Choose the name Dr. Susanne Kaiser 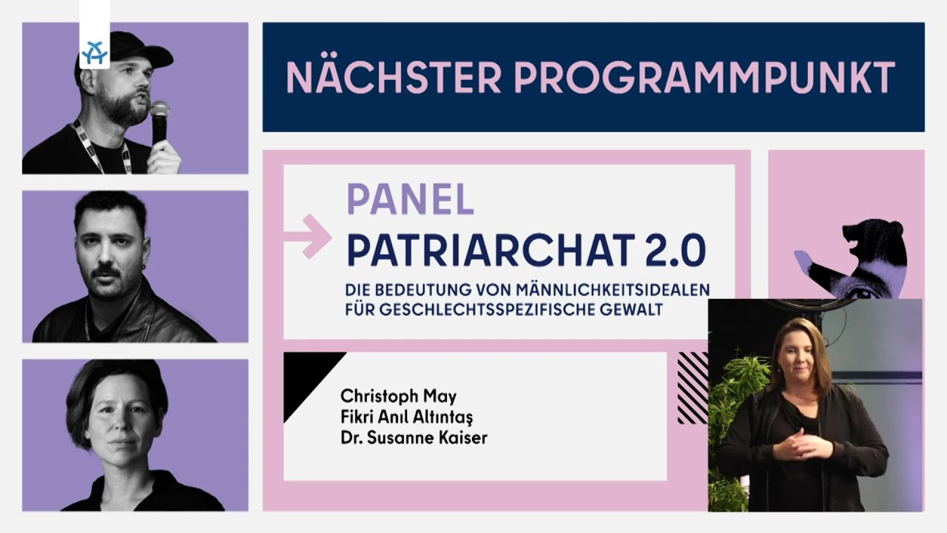point(414,438)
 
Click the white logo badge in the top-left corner point(95,53)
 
